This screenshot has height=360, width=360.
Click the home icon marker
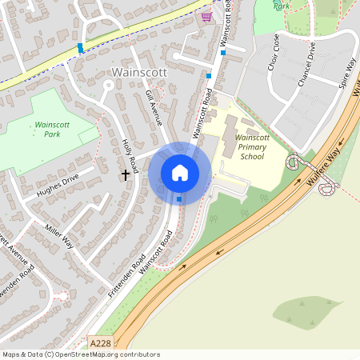click(x=180, y=173)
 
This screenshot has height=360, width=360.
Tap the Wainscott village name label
click(x=138, y=72)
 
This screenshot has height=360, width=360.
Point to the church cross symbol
click(x=126, y=173)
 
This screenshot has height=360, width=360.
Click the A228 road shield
click(x=101, y=342)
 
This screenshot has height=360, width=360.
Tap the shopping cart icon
click(x=207, y=16)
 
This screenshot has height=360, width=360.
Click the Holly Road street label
click(x=130, y=153)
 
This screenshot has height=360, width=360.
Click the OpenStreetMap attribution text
click(x=80, y=354)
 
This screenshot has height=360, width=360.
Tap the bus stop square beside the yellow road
click(x=81, y=48)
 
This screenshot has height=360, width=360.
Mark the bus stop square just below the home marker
click(x=179, y=198)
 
